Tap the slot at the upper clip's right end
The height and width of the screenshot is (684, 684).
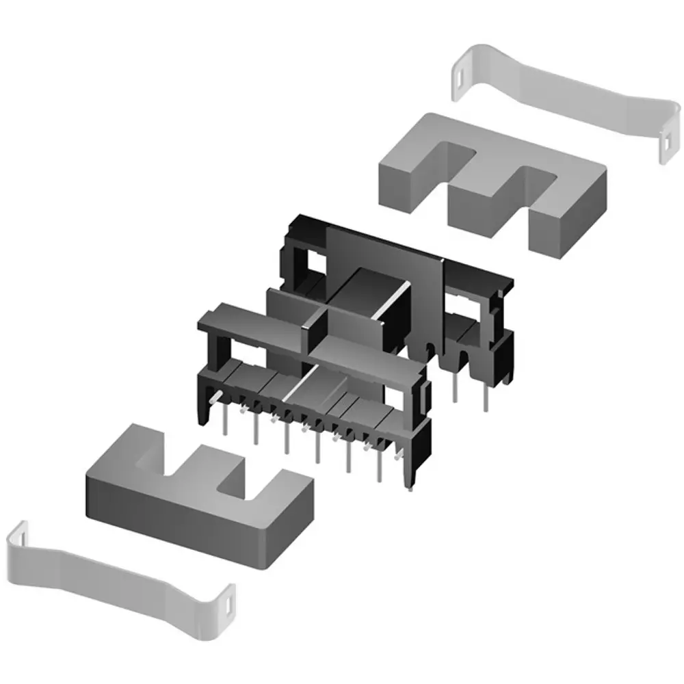tap(666, 145)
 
